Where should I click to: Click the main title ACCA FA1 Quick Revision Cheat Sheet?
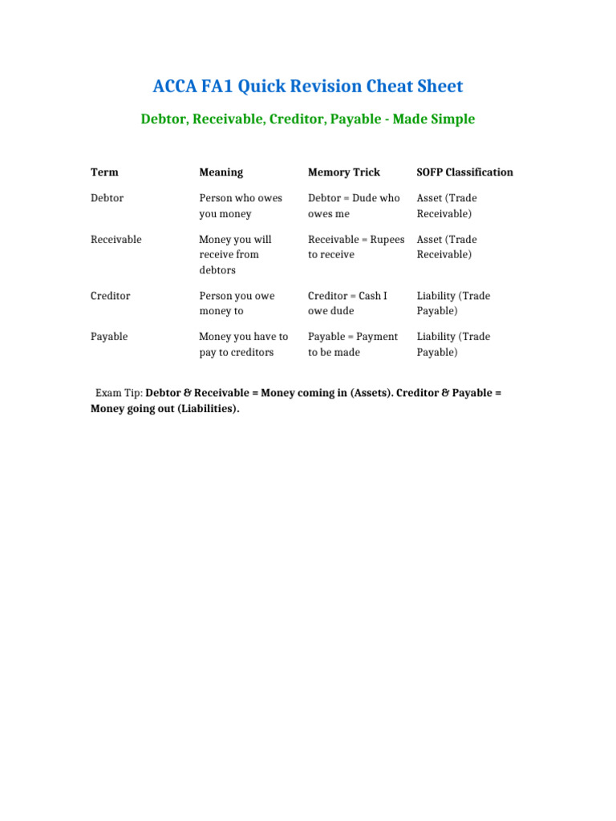[308, 87]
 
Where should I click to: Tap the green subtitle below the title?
[308, 119]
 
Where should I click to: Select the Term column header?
[104, 172]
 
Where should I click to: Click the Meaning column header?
[221, 172]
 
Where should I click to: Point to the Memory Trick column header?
[344, 172]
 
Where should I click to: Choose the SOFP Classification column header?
[464, 172]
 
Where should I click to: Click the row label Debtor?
[107, 198]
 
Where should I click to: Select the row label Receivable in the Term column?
[116, 240]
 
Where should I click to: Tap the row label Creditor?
[110, 296]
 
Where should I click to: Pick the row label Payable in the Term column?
[109, 337]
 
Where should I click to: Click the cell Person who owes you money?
[240, 206]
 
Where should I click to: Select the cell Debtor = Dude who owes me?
[353, 206]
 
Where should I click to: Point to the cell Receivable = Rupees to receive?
[355, 247]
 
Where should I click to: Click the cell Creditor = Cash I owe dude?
[347, 303]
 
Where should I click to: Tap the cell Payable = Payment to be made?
[352, 345]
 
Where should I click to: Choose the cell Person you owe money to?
[237, 303]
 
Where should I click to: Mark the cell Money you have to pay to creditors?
[243, 345]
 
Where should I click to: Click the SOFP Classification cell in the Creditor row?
[453, 303]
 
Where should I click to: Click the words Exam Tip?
[119, 394]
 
